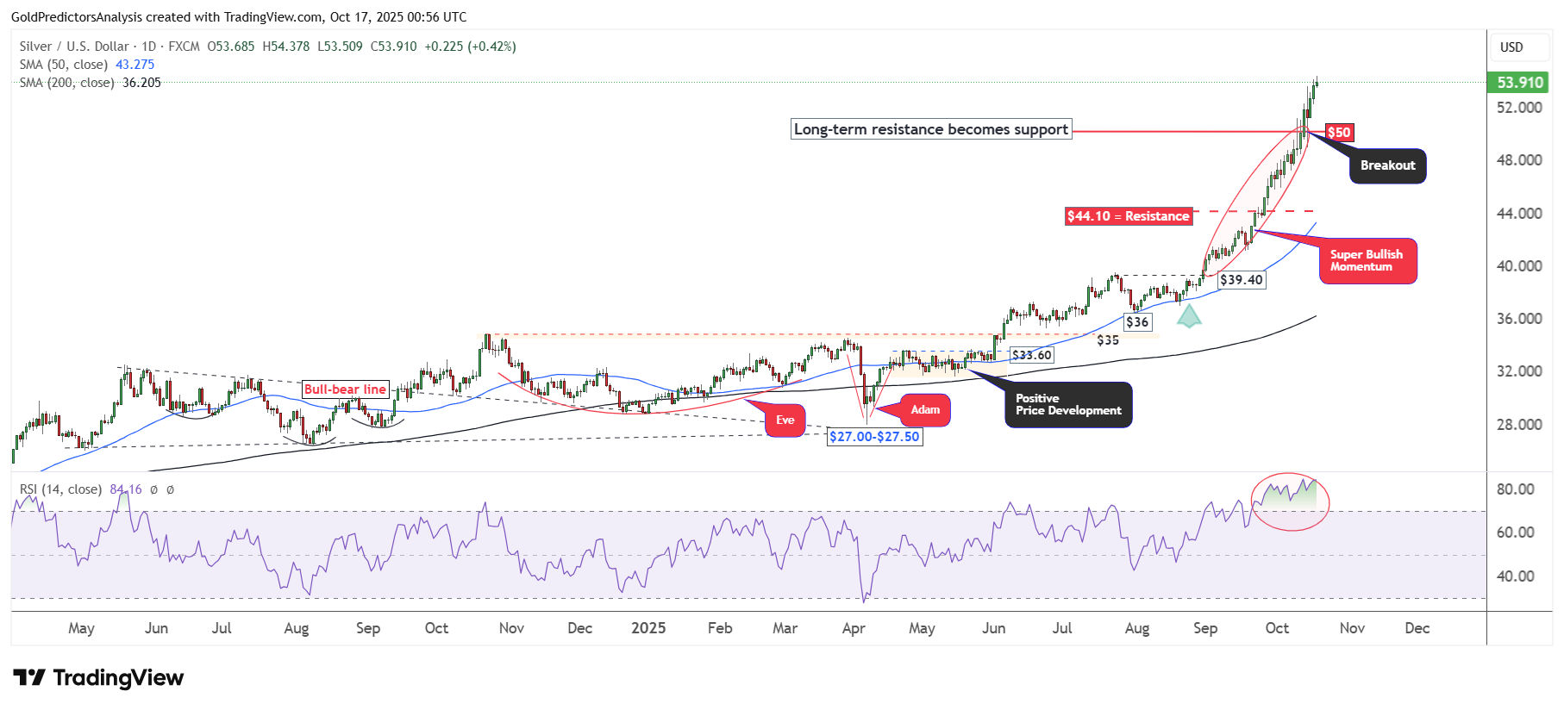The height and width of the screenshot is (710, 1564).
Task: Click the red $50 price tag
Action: pyautogui.click(x=1338, y=133)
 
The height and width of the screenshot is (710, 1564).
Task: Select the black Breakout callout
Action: pyautogui.click(x=1387, y=165)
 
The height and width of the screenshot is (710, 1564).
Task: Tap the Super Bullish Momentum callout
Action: pyautogui.click(x=1367, y=261)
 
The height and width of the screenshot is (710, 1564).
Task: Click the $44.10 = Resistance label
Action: pyautogui.click(x=1128, y=216)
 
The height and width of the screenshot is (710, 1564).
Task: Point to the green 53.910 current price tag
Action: pyautogui.click(x=1519, y=83)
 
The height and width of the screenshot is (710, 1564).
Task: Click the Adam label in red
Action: pyautogui.click(x=925, y=410)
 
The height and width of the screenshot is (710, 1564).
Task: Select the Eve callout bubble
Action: pyautogui.click(x=785, y=420)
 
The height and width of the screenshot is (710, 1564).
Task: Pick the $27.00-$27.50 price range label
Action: pyautogui.click(x=874, y=437)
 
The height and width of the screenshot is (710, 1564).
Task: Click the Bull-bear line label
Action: pyautogui.click(x=345, y=389)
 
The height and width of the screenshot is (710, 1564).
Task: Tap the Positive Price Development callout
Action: pyautogui.click(x=1068, y=405)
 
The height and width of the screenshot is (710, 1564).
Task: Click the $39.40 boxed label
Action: pyautogui.click(x=1241, y=280)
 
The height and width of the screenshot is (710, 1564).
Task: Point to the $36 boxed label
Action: pyautogui.click(x=1137, y=322)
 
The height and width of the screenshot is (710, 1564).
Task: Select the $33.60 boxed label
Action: pyautogui.click(x=1031, y=355)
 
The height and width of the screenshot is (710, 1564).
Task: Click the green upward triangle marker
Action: pyautogui.click(x=1189, y=316)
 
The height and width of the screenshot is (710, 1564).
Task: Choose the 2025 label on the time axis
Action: pyautogui.click(x=648, y=628)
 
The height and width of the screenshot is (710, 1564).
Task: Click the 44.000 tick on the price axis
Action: pyautogui.click(x=1519, y=214)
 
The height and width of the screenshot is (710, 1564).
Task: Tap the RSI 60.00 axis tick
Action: pyautogui.click(x=1515, y=532)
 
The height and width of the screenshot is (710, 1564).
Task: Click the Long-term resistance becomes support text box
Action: pyautogui.click(x=931, y=129)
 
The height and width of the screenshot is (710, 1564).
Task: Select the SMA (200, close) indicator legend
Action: pyautogui.click(x=90, y=83)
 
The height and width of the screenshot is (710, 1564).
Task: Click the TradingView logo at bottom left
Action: pyautogui.click(x=98, y=678)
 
